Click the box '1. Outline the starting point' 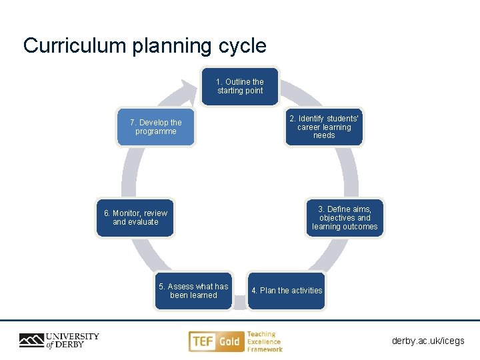[x=240, y=87]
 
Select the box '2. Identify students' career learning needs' [x=324, y=127]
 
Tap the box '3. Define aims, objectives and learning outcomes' [x=345, y=218]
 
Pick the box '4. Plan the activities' [x=287, y=291]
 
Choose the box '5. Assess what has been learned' [x=193, y=291]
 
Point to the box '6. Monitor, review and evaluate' [x=135, y=218]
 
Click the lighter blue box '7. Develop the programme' [x=155, y=127]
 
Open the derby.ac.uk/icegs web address [x=428, y=341]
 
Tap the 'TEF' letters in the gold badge [x=203, y=342]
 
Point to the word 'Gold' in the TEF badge [x=229, y=342]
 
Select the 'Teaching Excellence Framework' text [x=265, y=341]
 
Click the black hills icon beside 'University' [x=31, y=341]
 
